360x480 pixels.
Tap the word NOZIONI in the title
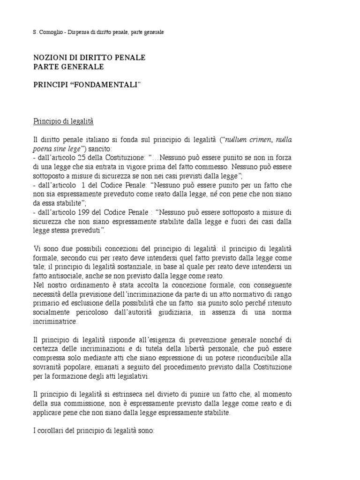click(x=50, y=58)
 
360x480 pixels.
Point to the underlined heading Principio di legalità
click(x=64, y=121)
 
